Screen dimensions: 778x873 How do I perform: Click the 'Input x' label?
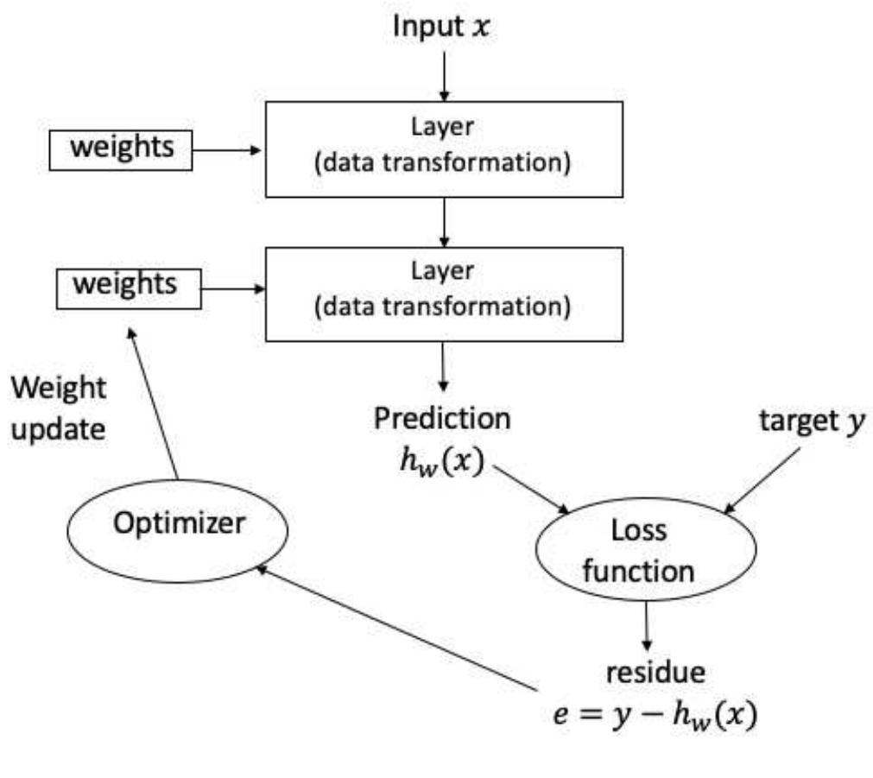(441, 25)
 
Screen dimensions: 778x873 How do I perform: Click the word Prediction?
(441, 419)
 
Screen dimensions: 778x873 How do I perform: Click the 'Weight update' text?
(59, 408)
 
